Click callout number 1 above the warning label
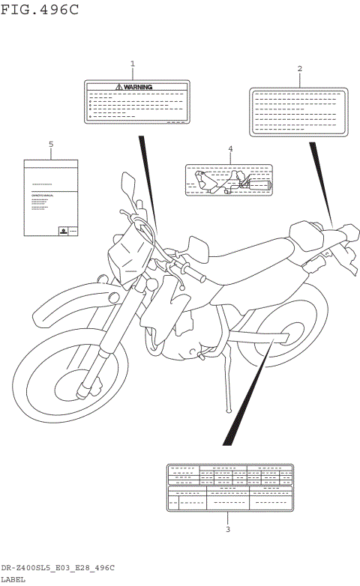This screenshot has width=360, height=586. (x=133, y=64)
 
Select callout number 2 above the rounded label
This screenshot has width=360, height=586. (x=299, y=69)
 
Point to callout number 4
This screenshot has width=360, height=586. (x=230, y=149)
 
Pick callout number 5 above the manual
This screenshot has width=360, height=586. (x=51, y=143)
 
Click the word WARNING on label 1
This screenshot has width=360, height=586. (x=137, y=87)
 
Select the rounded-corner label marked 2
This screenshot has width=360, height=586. (x=298, y=112)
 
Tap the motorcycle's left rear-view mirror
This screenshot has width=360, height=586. (x=126, y=183)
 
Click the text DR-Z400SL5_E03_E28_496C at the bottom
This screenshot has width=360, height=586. (x=58, y=569)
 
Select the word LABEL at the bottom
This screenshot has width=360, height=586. (x=13, y=579)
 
